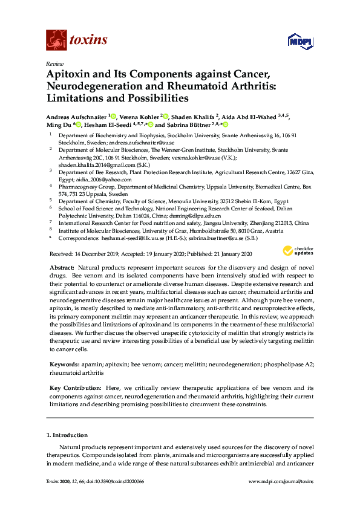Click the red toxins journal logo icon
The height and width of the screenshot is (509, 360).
[x=56, y=41]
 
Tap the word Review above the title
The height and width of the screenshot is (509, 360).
[x=54, y=63]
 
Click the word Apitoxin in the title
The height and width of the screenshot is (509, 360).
[x=71, y=75]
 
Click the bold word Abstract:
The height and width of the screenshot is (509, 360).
[x=63, y=267]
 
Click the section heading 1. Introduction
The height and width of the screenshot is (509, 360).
[x=67, y=435]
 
